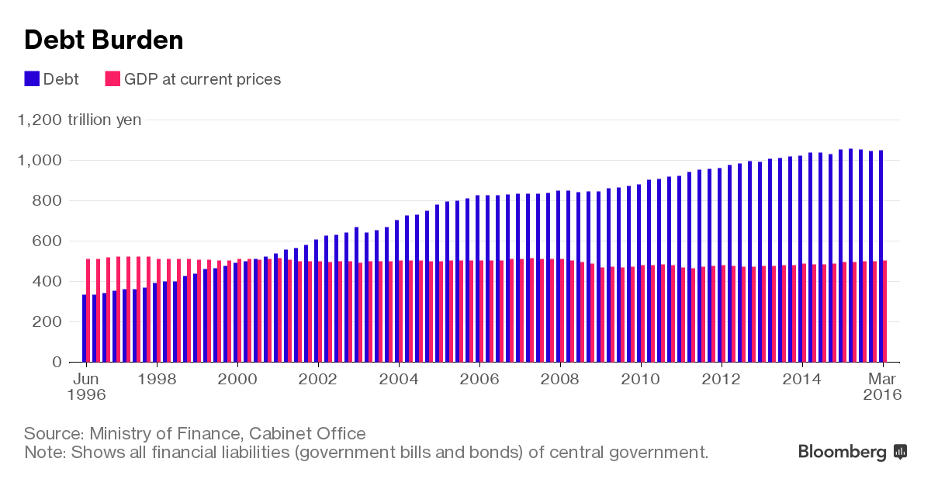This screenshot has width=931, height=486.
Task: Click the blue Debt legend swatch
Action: pyautogui.click(x=32, y=79)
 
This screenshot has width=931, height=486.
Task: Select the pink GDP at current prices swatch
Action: pyautogui.click(x=112, y=79)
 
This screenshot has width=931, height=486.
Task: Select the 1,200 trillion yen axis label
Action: pyautogui.click(x=79, y=120)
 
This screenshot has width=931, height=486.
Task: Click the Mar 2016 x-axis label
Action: pyautogui.click(x=883, y=386)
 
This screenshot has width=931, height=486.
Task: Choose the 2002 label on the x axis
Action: pyautogui.click(x=317, y=379)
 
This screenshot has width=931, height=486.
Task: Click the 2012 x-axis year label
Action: pyautogui.click(x=722, y=379)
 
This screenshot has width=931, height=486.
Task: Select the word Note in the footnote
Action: pyautogui.click(x=43, y=452)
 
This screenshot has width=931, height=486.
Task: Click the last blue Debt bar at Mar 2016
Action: pyautogui.click(x=881, y=256)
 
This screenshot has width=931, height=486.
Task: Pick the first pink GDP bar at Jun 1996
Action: pyautogui.click(x=88, y=311)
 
